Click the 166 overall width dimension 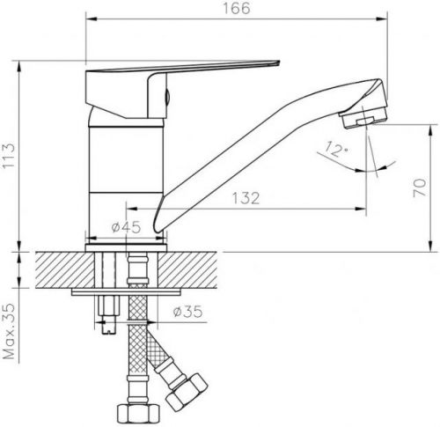click(x=237, y=8)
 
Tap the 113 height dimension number click(x=8, y=155)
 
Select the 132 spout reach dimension click(x=246, y=198)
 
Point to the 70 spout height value click(x=420, y=188)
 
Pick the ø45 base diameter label click(x=126, y=227)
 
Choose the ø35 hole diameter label click(x=187, y=312)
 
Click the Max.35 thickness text click(x=9, y=331)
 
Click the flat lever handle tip click(x=275, y=63)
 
